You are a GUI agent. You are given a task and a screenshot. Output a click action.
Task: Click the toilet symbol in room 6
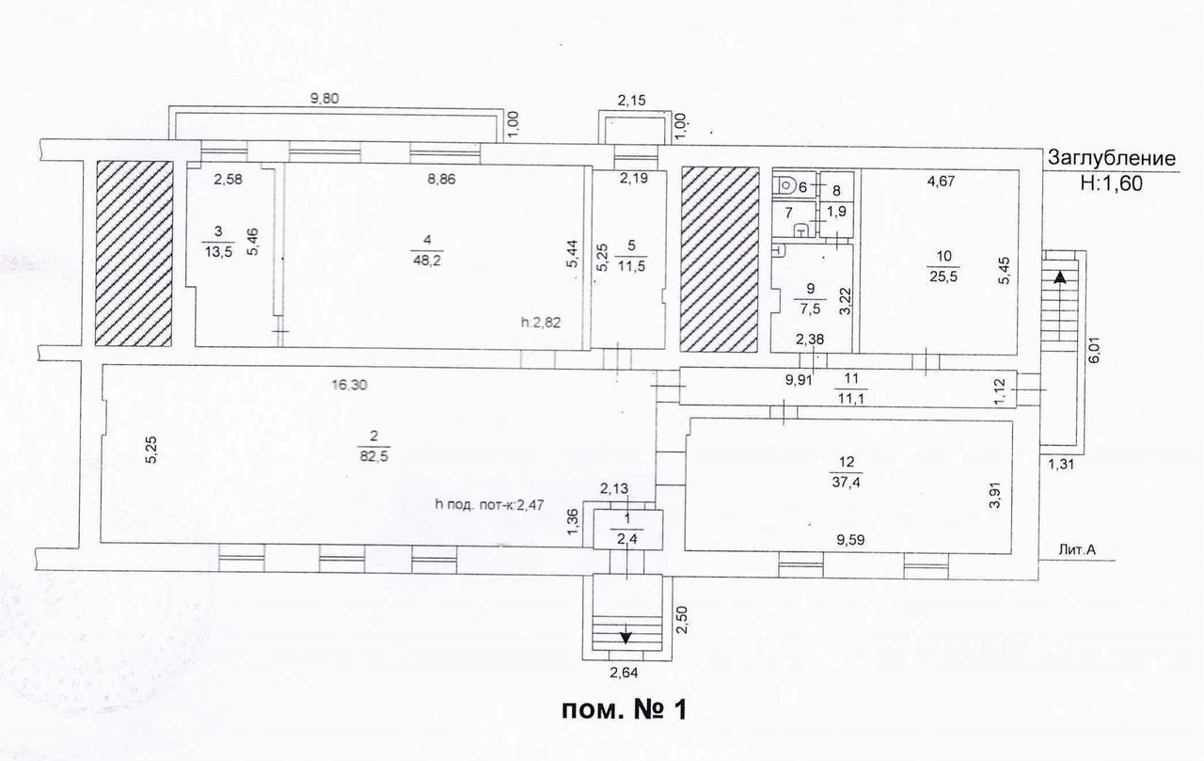[786, 185]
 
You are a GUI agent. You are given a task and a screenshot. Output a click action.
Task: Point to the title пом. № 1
[625, 707]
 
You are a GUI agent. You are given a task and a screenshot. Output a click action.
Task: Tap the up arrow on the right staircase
[1061, 277]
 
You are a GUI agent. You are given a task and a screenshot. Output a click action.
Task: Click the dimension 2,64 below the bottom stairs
[626, 674]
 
